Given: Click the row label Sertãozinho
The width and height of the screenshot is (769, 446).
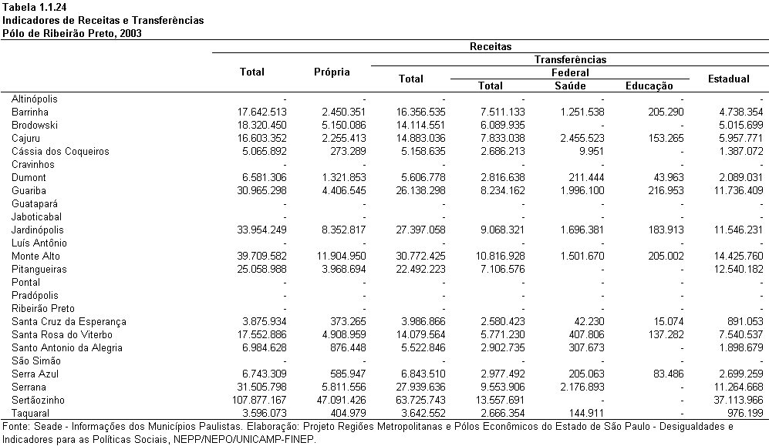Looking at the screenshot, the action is pos(38,400).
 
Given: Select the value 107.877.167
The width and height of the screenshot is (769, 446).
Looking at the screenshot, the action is pos(259,400).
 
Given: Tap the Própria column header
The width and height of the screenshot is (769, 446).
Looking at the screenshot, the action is pos(332,72).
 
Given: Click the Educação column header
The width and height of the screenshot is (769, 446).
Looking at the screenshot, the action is pos(649,86).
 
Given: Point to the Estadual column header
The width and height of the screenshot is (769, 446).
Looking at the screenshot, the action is pos(728,79).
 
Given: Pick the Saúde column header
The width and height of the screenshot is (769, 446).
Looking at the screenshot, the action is pos(570,86).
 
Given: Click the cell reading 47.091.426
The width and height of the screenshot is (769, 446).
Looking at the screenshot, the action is pos(342,400).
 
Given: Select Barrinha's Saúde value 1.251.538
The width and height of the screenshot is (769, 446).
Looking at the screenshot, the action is pos(582,112).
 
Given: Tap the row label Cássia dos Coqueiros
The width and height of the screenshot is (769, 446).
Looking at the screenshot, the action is pos(60,151).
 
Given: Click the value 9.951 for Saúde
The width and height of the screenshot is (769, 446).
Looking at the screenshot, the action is pos(591,151).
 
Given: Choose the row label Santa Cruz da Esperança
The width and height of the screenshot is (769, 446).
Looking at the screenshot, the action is pos(69,322).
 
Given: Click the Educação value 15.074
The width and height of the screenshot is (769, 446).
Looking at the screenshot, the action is pos(669,322).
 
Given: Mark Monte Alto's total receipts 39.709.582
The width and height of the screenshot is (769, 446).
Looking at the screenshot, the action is pos(261,256).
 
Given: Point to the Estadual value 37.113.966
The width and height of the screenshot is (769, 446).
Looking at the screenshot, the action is pos(738,400).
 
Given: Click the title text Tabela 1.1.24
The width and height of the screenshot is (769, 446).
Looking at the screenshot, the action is pos(35,8).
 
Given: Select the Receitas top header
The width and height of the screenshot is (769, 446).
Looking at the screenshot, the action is pos(491,46).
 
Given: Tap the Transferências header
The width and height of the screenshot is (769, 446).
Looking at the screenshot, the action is pos(570,60).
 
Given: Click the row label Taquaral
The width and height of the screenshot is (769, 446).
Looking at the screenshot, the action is pos(30,413).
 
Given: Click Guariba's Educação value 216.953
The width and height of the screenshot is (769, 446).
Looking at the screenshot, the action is pos(666,190).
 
